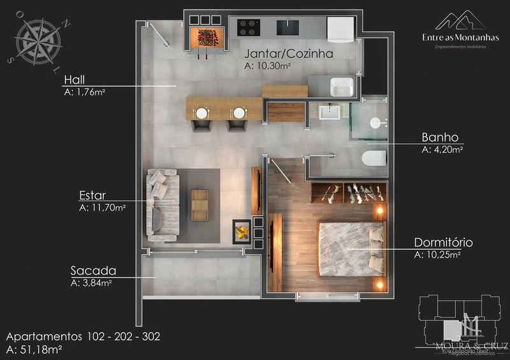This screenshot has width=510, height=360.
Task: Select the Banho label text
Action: pyautogui.click(x=440, y=138)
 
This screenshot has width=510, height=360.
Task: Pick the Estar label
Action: pyautogui.click(x=92, y=195)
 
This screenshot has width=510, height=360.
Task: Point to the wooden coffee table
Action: pyautogui.click(x=200, y=205)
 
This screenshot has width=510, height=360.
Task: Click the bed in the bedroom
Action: pyautogui.click(x=349, y=248)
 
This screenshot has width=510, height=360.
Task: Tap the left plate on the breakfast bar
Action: pyautogui.click(x=201, y=113)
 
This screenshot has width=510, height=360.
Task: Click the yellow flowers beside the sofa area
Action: pyautogui.click(x=242, y=231)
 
